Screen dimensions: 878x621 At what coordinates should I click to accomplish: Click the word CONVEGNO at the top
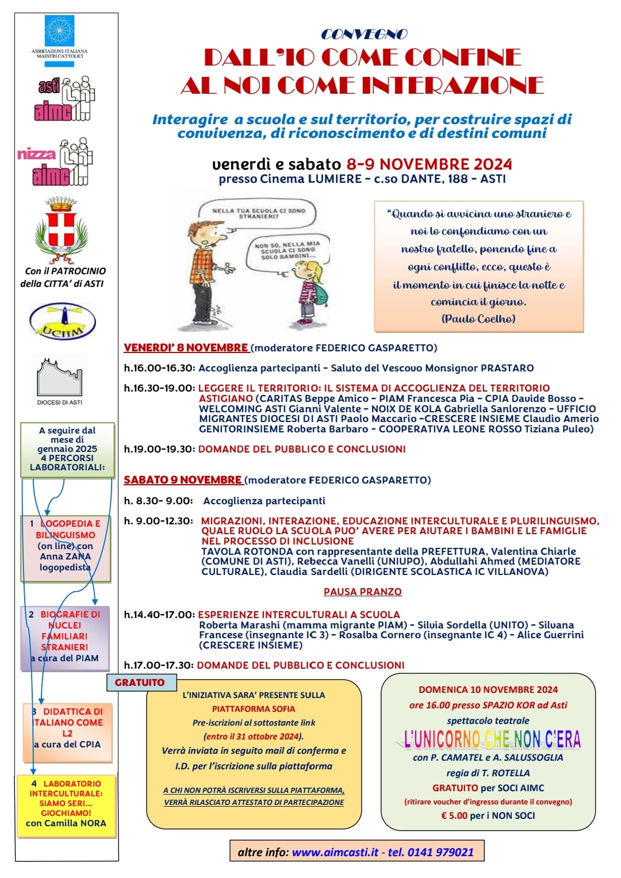[363, 34]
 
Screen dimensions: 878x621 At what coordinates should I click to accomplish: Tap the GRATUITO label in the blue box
[139, 683]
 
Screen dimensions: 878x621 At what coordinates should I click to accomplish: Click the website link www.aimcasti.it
[335, 852]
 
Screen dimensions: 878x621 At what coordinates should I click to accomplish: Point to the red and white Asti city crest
[62, 228]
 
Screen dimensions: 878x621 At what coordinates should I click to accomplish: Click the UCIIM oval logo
[62, 321]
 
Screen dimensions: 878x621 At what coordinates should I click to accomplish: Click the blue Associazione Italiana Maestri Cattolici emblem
[59, 31]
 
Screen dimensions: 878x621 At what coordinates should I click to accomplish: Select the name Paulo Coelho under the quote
[478, 319]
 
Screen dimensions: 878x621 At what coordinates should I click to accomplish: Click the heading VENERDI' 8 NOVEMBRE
[186, 348]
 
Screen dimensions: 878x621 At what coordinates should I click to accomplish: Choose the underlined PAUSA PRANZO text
[362, 592]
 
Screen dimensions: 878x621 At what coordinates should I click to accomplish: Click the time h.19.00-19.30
[159, 449]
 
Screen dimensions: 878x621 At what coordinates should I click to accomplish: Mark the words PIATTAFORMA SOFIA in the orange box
[254, 709]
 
